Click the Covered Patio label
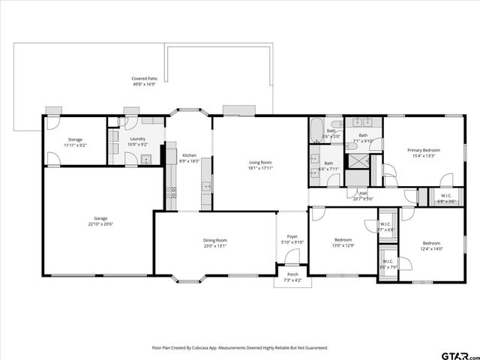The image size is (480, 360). (x=144, y=78)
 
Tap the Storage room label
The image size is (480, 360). (x=75, y=139)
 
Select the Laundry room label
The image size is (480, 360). (x=137, y=139)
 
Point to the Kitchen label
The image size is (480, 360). (x=189, y=155)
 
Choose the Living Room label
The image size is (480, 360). (x=260, y=162)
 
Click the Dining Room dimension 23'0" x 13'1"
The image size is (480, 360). (x=214, y=246)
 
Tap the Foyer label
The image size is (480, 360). (x=292, y=236)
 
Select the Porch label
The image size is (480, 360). (x=292, y=274)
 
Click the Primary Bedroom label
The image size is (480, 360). (x=423, y=150)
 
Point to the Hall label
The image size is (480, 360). (x=363, y=193)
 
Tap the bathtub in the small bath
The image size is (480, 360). (x=317, y=127)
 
